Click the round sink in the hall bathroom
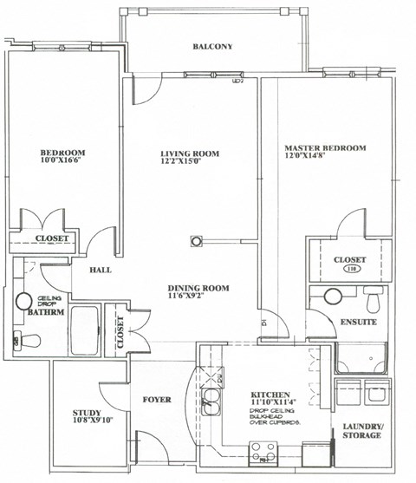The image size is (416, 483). click(23, 303)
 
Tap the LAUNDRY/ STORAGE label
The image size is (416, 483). click(361, 430)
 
